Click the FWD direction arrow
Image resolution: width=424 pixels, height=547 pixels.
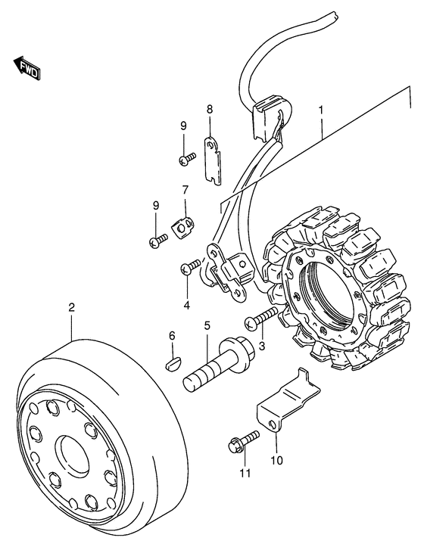(27, 67)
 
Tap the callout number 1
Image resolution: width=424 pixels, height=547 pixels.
(320, 110)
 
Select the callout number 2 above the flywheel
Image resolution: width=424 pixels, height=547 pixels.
(71, 307)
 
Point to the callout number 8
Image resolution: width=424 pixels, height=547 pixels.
(209, 109)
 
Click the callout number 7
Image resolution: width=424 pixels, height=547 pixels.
(185, 190)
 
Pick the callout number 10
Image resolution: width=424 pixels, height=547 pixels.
(276, 461)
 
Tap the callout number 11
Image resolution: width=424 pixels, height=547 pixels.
(245, 473)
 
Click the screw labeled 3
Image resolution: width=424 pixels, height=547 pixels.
(262, 319)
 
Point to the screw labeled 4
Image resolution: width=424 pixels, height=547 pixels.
(190, 266)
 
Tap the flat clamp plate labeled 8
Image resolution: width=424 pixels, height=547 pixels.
(212, 160)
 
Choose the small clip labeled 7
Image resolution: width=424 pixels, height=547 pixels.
(182, 227)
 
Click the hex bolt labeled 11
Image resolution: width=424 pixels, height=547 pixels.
(244, 441)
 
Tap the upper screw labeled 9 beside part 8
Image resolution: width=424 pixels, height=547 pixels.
(188, 159)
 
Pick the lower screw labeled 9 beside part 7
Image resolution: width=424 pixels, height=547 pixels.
(158, 240)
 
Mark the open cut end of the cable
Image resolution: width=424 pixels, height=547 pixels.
(335, 15)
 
